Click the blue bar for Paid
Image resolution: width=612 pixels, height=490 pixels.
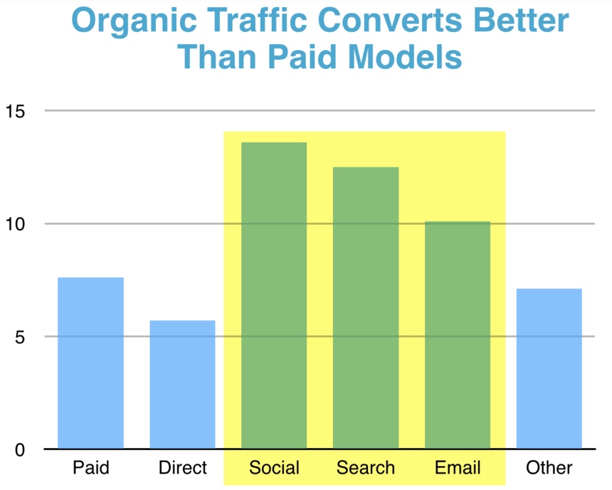(91, 363)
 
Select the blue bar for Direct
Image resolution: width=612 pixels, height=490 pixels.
(182, 385)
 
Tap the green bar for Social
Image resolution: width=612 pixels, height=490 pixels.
(274, 296)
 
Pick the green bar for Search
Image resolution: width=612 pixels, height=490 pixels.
(366, 308)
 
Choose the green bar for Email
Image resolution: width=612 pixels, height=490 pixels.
(458, 335)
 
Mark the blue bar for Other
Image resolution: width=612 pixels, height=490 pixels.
(549, 368)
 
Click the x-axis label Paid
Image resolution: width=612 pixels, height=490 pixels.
(91, 467)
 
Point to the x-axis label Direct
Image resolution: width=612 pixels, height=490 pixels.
(183, 467)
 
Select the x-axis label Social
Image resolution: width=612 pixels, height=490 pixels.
(275, 467)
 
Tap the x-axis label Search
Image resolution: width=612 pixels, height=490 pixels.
(366, 467)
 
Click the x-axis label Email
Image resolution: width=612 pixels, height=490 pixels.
(458, 467)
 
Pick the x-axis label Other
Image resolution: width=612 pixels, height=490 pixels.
(549, 467)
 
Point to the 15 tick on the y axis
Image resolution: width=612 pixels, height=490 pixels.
(15, 112)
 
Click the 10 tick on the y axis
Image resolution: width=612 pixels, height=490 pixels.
(15, 224)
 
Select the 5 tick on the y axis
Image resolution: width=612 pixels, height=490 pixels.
(20, 337)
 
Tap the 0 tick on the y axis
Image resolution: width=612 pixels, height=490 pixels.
(20, 449)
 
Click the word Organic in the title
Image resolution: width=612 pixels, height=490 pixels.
(134, 22)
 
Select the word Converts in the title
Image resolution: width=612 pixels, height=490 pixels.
(390, 21)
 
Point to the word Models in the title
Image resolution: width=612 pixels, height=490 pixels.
(405, 57)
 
